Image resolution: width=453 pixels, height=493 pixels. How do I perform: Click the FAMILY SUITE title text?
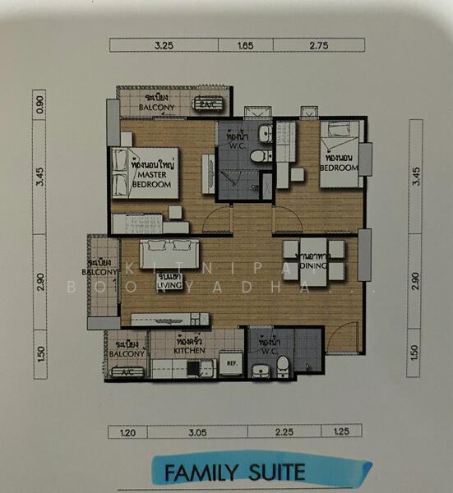click(234, 472)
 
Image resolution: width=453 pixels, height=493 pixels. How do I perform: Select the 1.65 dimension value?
click(246, 47)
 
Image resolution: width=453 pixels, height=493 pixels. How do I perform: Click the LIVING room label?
click(169, 282)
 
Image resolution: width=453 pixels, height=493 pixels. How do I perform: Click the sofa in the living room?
click(169, 254)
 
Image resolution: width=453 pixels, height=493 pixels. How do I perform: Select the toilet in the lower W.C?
click(282, 364)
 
